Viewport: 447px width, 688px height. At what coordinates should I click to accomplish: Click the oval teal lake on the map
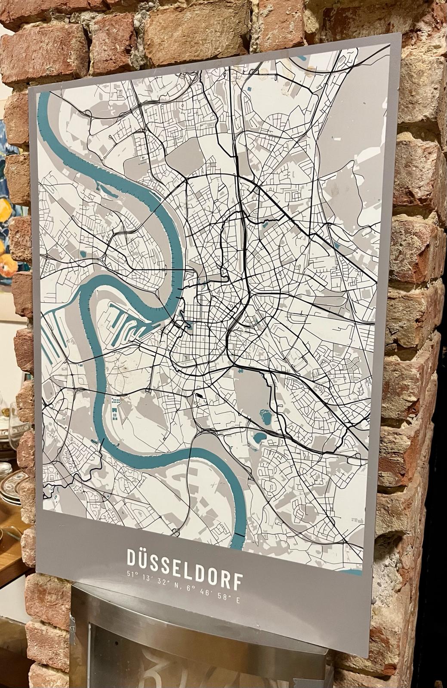pos(260,438)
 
